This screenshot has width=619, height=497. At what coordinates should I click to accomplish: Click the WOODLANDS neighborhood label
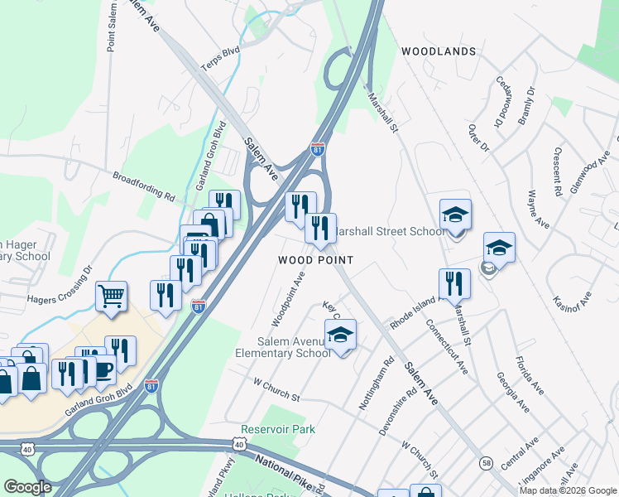click(x=439, y=51)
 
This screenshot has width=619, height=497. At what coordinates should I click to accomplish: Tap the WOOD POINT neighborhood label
click(x=315, y=260)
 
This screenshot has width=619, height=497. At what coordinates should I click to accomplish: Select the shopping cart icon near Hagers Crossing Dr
click(x=111, y=295)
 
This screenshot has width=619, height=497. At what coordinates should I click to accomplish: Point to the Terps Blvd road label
click(x=219, y=65)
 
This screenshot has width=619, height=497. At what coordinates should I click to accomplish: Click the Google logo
click(x=27, y=487)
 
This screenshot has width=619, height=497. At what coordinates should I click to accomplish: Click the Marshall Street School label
click(x=393, y=231)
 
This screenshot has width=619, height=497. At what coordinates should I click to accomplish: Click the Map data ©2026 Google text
click(x=568, y=490)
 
